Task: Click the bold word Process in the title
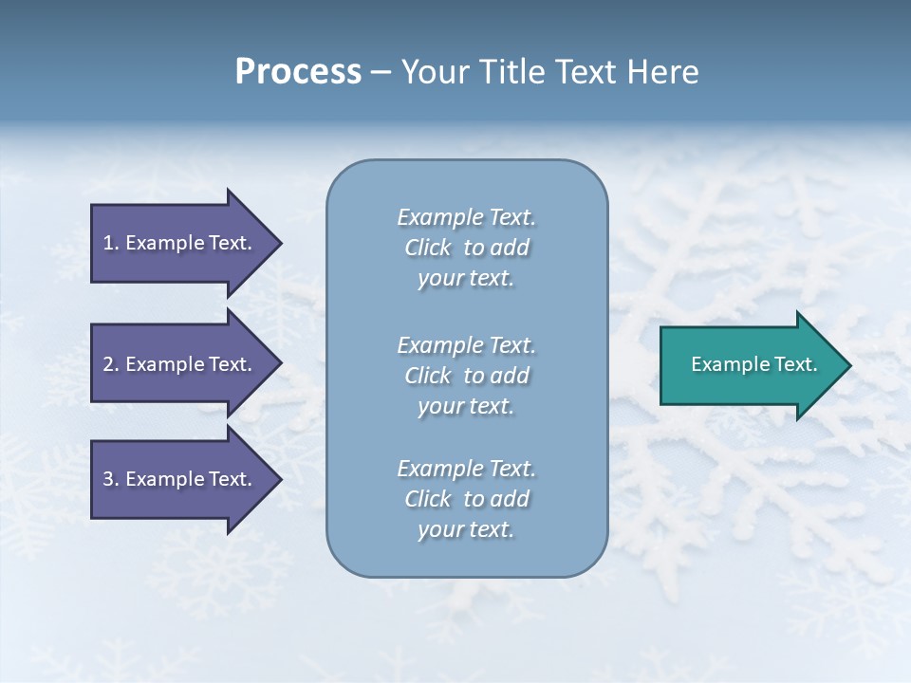pos(298,72)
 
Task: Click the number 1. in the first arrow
pos(111,243)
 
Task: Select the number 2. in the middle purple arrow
pos(111,364)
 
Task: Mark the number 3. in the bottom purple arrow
pos(111,479)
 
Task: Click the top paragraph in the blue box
pos(466,248)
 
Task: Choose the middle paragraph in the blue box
pos(466,376)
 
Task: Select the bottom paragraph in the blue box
pos(466,499)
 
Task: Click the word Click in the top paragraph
pos(428,248)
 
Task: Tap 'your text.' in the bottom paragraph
pos(466,529)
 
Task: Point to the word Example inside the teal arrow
pos(725,364)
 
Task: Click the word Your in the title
pos(435,72)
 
